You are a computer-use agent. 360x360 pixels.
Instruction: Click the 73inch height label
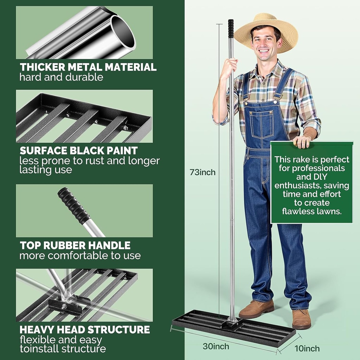(x=202, y=172)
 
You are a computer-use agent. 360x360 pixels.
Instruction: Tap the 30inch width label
(x=216, y=346)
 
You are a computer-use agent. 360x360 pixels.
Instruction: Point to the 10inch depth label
(x=307, y=348)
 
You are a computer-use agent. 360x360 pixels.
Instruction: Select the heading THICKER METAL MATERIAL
(x=88, y=67)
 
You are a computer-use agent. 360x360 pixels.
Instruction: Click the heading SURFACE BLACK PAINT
(x=78, y=150)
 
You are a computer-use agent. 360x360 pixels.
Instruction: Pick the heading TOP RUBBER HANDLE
(x=75, y=245)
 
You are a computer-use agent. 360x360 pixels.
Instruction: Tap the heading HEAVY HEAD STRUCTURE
(x=85, y=329)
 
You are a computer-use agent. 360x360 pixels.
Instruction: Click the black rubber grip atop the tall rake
(x=231, y=28)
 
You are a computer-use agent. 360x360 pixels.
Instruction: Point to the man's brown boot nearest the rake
(x=257, y=308)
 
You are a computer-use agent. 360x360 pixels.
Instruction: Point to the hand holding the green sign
(x=302, y=141)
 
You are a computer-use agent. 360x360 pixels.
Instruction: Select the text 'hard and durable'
(x=61, y=77)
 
